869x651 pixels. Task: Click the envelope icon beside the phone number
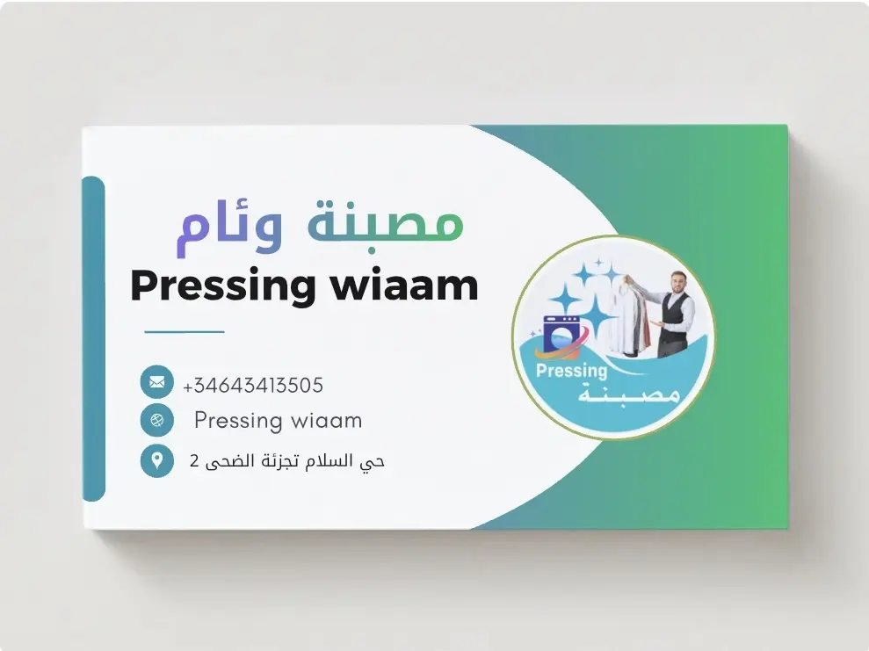(x=156, y=382)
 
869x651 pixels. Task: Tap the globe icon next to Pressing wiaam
(x=156, y=420)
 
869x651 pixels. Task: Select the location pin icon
(x=156, y=459)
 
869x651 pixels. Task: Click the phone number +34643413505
(x=253, y=385)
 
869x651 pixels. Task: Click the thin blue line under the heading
(x=185, y=332)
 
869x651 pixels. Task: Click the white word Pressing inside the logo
(x=571, y=371)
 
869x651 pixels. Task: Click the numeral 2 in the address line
(x=194, y=460)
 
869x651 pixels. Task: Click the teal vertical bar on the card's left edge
(x=93, y=338)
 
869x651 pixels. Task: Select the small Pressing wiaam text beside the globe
(x=278, y=421)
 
